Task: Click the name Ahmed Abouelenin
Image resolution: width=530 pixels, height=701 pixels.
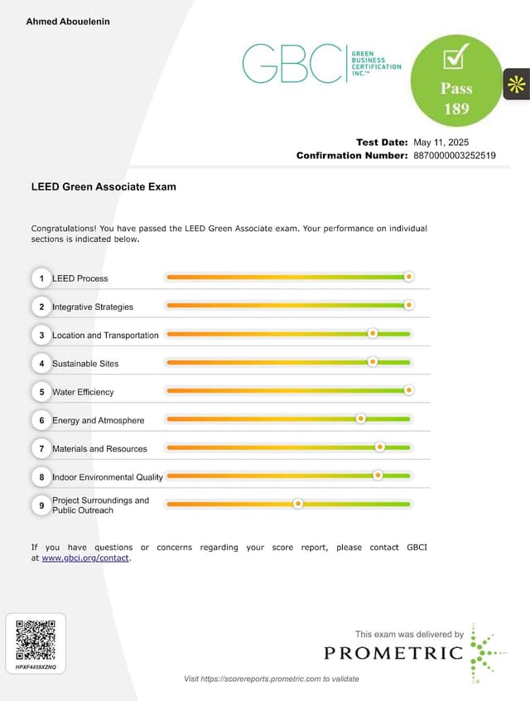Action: (x=68, y=22)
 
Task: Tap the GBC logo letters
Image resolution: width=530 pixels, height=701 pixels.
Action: (x=291, y=64)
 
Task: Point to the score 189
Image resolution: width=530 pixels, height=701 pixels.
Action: (x=455, y=109)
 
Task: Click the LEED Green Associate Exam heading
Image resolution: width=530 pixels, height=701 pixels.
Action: (x=104, y=187)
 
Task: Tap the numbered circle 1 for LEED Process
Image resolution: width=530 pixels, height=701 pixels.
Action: (x=41, y=278)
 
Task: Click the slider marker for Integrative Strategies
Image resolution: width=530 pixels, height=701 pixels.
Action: (x=408, y=306)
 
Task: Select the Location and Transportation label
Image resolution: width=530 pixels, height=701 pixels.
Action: (x=105, y=336)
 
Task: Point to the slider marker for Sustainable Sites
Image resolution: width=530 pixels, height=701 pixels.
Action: (x=373, y=362)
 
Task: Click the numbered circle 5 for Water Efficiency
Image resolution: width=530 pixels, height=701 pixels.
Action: (x=41, y=392)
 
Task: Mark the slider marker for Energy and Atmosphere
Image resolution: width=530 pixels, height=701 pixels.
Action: (x=360, y=419)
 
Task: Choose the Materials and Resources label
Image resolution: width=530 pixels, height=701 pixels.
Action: (x=99, y=449)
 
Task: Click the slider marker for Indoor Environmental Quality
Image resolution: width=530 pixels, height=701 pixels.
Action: (x=378, y=476)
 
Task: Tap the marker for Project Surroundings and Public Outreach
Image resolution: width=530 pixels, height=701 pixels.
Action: (x=298, y=504)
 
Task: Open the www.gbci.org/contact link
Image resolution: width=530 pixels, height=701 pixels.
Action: (x=85, y=558)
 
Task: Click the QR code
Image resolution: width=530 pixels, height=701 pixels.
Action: (x=36, y=639)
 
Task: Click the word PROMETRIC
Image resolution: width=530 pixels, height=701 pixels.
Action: (x=393, y=653)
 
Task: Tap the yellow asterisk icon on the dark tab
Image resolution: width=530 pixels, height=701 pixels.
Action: (x=517, y=84)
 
